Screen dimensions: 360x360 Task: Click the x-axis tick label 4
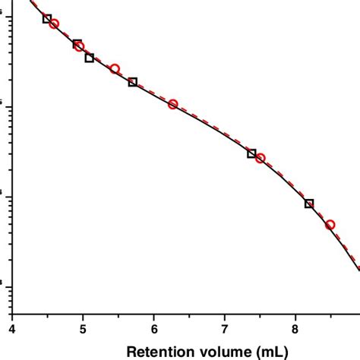tap(12, 328)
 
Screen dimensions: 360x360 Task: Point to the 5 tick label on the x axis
tap(83, 328)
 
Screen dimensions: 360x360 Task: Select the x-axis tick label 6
tap(154, 328)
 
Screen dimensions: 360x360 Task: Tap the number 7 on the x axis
tap(225, 328)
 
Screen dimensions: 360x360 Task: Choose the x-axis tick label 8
tap(295, 328)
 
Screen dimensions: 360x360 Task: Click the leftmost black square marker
tap(47, 18)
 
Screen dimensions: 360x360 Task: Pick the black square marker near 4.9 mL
tap(77, 44)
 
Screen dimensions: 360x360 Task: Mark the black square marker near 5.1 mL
tap(90, 58)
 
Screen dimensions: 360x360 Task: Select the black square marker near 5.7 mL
tap(133, 82)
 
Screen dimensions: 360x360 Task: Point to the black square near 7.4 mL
tap(252, 153)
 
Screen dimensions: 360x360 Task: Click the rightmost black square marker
tap(309, 204)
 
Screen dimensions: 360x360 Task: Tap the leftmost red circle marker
tap(54, 24)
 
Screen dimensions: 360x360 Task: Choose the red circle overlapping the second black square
tap(79, 46)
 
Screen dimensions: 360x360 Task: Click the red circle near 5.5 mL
tap(115, 69)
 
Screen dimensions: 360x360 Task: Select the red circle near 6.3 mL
tap(173, 104)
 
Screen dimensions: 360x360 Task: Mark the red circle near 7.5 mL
tap(260, 158)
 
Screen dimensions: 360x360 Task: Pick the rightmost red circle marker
tap(330, 225)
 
